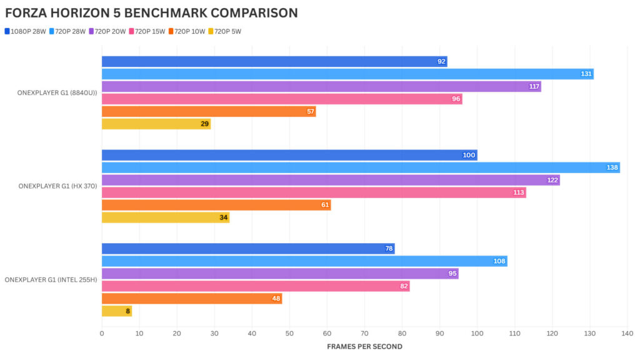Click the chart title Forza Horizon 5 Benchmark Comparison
click(151, 12)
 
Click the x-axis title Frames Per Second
click(365, 346)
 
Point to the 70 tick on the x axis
click(365, 334)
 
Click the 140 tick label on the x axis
click(627, 334)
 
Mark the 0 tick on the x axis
click(102, 334)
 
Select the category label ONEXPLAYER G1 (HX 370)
click(57, 186)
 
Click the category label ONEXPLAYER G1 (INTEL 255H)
click(51, 279)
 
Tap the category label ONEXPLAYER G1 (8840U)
click(57, 92)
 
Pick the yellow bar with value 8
click(116, 311)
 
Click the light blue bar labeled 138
click(361, 167)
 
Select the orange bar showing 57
click(209, 111)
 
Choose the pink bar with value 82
click(255, 286)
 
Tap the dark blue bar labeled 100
click(289, 155)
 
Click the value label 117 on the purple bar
click(534, 86)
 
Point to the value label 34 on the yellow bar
click(222, 217)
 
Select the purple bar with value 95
click(279, 274)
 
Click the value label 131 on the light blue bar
click(586, 74)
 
